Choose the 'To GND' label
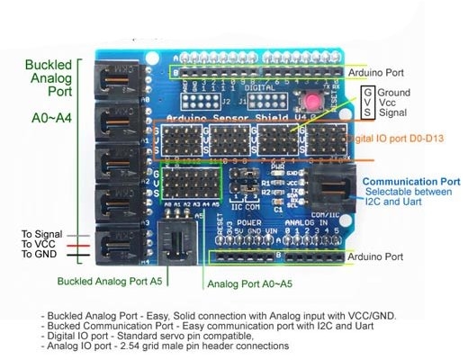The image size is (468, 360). click(40, 255)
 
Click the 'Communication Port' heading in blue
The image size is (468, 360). click(411, 181)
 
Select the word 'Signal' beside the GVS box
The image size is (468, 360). click(395, 114)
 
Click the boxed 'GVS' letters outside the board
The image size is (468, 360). click(368, 103)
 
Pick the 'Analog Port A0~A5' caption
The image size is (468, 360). click(250, 284)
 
